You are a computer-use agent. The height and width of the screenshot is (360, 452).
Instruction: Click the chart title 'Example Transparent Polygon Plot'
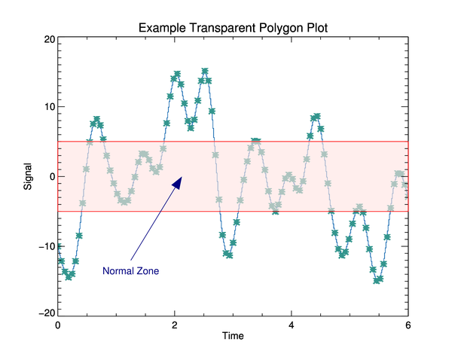click(233, 28)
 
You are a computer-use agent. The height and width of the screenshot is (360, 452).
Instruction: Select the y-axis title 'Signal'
click(28, 175)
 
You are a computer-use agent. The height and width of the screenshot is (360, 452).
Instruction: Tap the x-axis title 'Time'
click(233, 336)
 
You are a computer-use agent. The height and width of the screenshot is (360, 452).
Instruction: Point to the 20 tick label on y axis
click(47, 39)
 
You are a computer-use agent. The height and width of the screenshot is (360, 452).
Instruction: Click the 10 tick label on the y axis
click(47, 107)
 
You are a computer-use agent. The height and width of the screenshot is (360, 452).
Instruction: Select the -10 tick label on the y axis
click(45, 246)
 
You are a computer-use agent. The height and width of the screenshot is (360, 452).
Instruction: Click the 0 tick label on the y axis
click(50, 176)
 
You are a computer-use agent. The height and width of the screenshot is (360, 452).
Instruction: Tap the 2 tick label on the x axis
click(175, 325)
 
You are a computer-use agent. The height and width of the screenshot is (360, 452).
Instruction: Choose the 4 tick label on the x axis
click(292, 325)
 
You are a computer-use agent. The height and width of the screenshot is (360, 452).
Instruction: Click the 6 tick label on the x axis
click(408, 325)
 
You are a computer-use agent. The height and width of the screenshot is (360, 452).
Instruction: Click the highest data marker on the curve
click(205, 72)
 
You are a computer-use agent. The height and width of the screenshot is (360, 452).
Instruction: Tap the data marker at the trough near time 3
click(228, 255)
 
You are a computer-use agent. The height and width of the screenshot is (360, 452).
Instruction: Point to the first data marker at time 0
click(58, 246)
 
